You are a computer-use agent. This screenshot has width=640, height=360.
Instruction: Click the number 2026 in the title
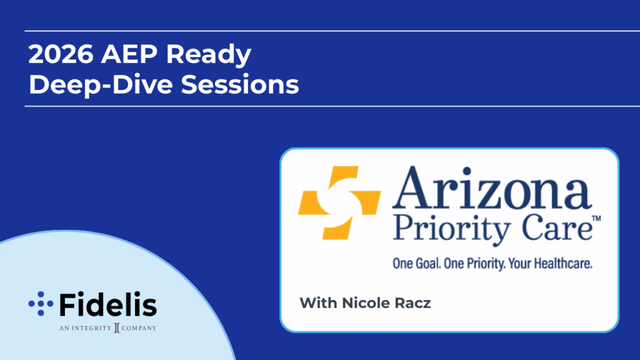[x=61, y=54]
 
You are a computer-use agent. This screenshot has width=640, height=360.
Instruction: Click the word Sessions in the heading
[x=240, y=85]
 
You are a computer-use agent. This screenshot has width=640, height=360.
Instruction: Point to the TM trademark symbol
[x=596, y=218]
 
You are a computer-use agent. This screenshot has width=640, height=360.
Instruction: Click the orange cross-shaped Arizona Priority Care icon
[x=339, y=202]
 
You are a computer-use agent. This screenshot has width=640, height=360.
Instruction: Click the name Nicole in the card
[x=364, y=303]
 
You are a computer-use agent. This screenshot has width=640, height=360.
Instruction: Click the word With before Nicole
[x=318, y=303]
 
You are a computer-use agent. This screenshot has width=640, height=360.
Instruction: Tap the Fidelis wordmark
[x=108, y=304]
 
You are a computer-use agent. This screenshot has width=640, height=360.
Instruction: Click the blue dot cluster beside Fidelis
[x=41, y=304]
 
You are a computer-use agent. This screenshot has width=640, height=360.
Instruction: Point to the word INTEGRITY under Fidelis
[x=91, y=327]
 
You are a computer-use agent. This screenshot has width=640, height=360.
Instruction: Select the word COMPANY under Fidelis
[x=139, y=327]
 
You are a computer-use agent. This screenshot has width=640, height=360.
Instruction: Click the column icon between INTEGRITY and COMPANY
[x=117, y=327]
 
